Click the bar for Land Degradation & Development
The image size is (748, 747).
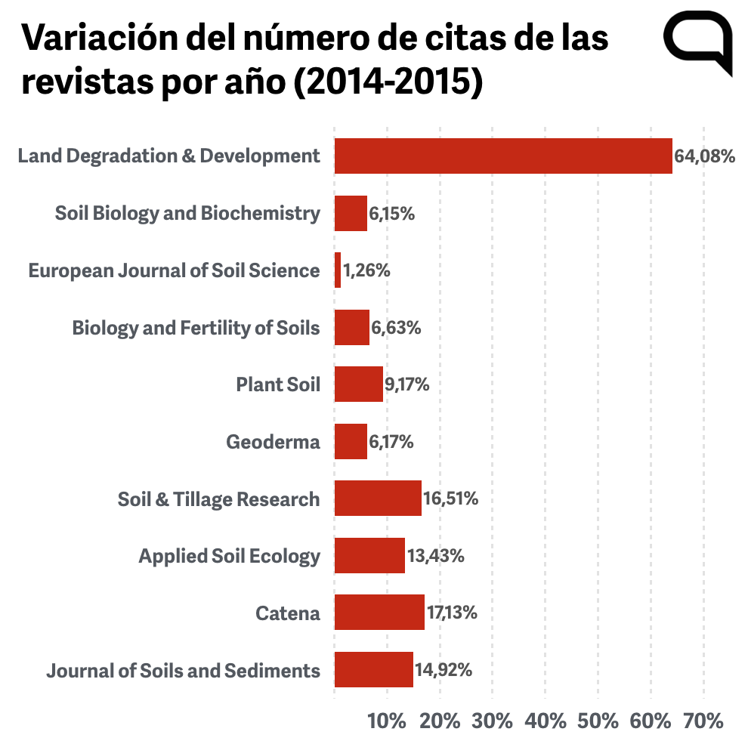click(503, 156)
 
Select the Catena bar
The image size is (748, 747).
click(379, 613)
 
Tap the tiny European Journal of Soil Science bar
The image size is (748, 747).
click(338, 270)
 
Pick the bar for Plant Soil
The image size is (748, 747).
click(359, 384)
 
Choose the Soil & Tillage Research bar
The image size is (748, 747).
click(378, 499)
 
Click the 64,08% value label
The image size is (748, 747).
click(705, 156)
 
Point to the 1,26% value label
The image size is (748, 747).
click(367, 270)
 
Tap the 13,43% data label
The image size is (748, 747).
click(435, 556)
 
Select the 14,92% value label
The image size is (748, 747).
click(444, 670)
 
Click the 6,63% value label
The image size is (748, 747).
click(396, 328)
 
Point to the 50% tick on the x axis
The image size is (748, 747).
click(598, 721)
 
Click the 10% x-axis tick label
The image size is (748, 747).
click(387, 721)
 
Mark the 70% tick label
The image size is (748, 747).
click(703, 721)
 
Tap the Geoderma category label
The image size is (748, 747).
click(273, 442)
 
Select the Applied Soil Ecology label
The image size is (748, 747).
click(229, 557)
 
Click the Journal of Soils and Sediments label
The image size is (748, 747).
click(183, 671)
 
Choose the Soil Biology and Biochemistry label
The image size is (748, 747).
click(187, 214)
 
